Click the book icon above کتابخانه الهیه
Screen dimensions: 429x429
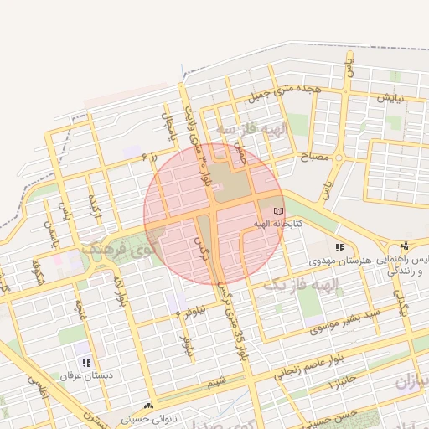278,211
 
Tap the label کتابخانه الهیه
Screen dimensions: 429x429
278,225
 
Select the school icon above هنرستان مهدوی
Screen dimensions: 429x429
339,247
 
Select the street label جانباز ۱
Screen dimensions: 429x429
345,384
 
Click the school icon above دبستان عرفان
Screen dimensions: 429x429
86,363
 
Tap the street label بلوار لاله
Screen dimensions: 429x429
121,289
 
